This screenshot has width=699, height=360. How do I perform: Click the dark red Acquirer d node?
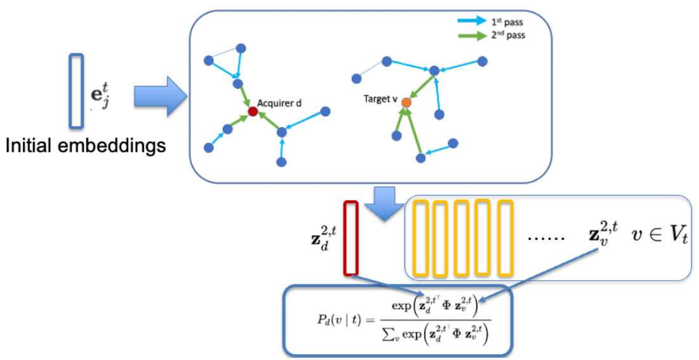coord(253,112)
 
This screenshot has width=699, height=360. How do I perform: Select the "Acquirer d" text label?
coord(279,103)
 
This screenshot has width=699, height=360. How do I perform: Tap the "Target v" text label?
coord(380,99)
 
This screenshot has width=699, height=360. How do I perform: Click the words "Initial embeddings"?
coord(86,145)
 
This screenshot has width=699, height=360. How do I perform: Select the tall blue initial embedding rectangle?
coord(76,90)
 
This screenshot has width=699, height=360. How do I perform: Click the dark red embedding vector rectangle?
coord(350,238)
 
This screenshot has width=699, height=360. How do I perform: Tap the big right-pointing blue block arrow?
coord(158,97)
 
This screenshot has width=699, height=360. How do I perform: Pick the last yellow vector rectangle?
coord(505,238)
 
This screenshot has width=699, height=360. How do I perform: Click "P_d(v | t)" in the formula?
coord(336,320)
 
